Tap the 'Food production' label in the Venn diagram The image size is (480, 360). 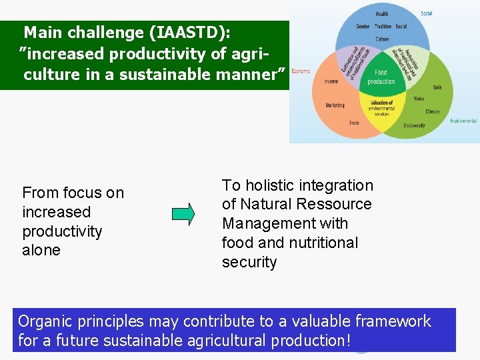[381, 77]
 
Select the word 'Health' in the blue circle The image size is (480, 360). [382, 14]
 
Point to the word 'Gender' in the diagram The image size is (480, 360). [363, 27]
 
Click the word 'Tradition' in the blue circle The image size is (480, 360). [383, 27]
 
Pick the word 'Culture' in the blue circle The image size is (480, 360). [382, 39]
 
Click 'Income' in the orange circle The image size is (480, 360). [331, 81]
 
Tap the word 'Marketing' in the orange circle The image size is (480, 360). [335, 105]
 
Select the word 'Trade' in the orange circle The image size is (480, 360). [354, 123]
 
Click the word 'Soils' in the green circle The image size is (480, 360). [437, 87]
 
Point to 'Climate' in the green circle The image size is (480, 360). [432, 111]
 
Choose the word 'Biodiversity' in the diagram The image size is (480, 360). [414, 125]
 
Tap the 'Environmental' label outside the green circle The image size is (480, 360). [463, 121]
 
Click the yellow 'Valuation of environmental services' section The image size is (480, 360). [381, 108]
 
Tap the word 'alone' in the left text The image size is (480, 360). [41, 250]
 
